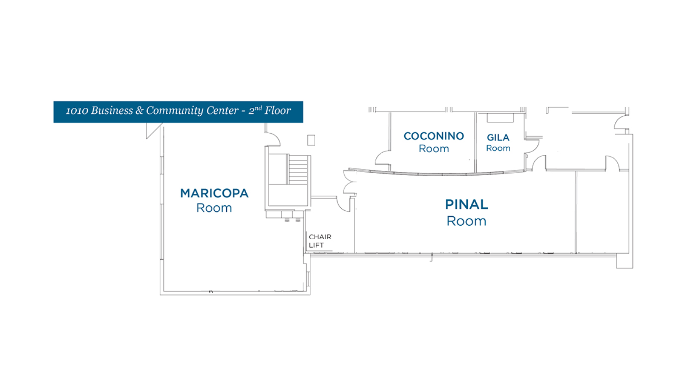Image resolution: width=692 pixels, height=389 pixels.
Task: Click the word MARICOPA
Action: tap(214, 193)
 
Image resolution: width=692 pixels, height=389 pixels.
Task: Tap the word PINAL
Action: tap(466, 204)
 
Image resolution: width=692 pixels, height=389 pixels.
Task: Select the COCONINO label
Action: tap(434, 136)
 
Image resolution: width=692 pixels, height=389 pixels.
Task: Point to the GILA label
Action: tap(498, 137)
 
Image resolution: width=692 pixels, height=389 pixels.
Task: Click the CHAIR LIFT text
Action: tap(320, 241)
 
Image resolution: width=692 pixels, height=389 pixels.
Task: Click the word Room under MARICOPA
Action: tap(214, 208)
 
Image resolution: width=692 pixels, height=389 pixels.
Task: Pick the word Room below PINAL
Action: tap(466, 221)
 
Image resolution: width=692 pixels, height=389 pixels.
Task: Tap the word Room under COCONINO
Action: tap(434, 149)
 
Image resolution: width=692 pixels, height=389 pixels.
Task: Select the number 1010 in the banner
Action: tap(77, 111)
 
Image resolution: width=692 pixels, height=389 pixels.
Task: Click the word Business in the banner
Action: tap(112, 111)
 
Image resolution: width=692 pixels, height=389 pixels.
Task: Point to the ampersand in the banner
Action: tap(139, 111)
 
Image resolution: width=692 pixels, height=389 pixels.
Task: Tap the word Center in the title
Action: tap(222, 111)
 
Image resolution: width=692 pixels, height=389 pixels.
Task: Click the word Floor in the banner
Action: tap(278, 111)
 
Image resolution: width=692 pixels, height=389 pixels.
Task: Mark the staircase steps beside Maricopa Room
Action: tap(298, 169)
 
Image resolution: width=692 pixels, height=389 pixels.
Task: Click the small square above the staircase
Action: tap(311, 140)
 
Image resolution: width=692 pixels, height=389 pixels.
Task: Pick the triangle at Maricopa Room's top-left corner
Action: tap(152, 129)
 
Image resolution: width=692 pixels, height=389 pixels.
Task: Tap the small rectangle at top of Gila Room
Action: tap(500, 118)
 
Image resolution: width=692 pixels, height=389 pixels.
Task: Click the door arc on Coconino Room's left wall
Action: tap(382, 159)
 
